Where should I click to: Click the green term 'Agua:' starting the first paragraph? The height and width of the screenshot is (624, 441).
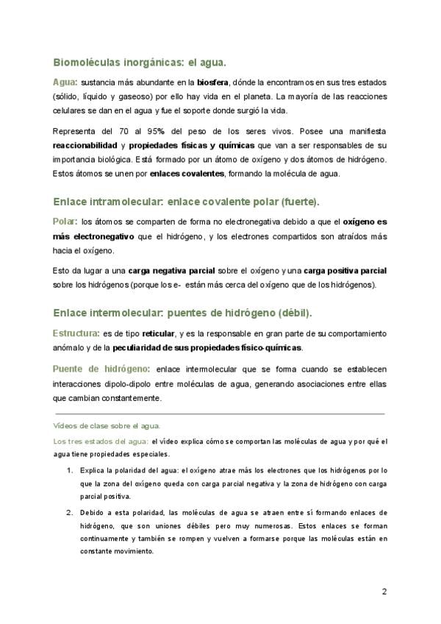[65, 82]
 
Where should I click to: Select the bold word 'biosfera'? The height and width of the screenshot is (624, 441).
[214, 82]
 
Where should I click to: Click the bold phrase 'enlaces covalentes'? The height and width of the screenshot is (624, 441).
[181, 174]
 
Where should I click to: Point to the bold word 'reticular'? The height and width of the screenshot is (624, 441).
[158, 333]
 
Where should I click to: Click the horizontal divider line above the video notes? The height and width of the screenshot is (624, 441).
[220, 414]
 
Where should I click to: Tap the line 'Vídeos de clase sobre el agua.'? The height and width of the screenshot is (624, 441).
[107, 427]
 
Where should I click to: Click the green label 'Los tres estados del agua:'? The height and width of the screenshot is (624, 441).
[101, 442]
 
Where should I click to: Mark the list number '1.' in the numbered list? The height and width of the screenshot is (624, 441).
[70, 469]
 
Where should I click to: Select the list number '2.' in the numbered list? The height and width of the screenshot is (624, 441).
[70, 511]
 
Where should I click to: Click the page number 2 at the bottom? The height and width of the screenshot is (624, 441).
[384, 592]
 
